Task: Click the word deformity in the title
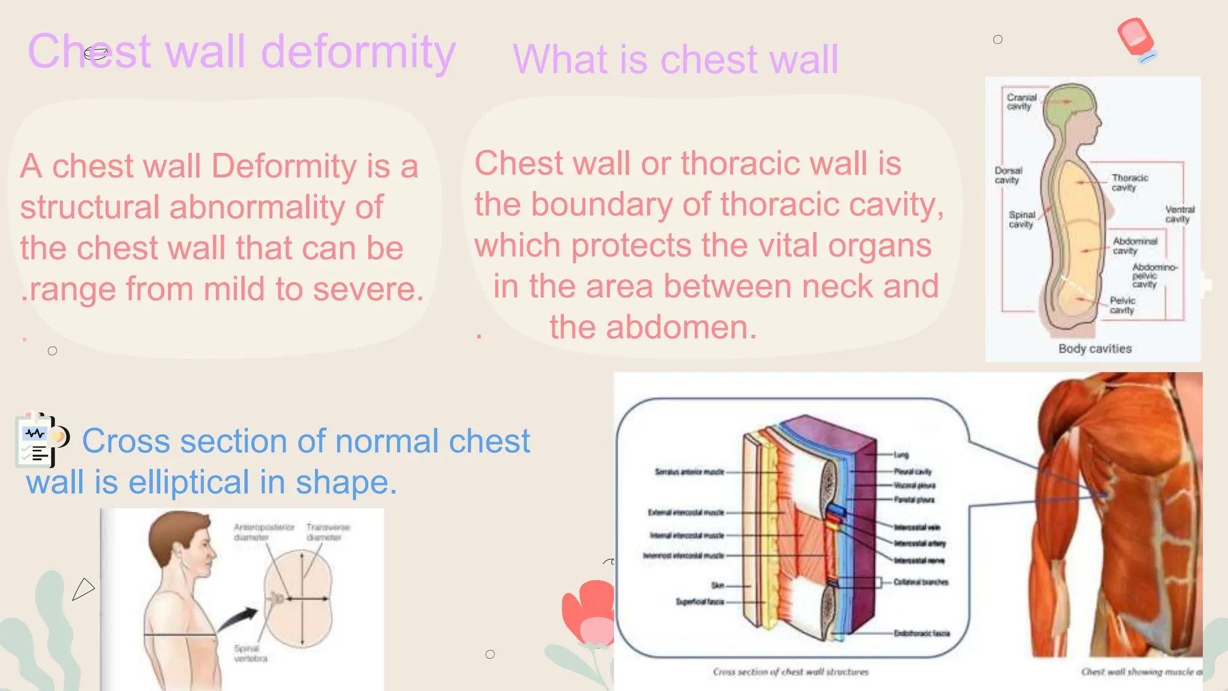(358, 53)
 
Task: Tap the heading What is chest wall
(675, 59)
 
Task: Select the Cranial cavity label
(1021, 101)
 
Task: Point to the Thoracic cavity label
(1129, 182)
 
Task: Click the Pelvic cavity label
(1122, 305)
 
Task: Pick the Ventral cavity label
(1179, 214)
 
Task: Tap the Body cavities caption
(1095, 348)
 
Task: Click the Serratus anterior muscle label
(689, 472)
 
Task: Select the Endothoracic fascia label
(922, 633)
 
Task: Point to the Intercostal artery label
(919, 543)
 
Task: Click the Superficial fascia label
(700, 602)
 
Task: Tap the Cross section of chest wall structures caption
(790, 672)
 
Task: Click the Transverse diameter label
(327, 531)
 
